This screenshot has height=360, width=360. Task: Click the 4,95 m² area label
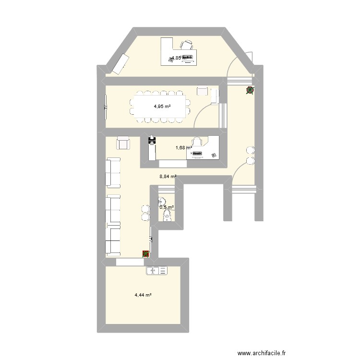pos(162,107)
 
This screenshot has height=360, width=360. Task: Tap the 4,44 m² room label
pos(143,295)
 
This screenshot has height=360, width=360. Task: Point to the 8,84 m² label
pos(168,177)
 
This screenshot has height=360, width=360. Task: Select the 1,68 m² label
pos(182,148)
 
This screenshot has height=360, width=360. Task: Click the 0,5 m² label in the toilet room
pos(167,208)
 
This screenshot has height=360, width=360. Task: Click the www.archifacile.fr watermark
pos(264,354)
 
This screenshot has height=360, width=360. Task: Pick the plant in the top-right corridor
pos(250,90)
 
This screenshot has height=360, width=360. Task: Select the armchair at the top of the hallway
pos(123,143)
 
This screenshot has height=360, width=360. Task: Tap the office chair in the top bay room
pos(186,45)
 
